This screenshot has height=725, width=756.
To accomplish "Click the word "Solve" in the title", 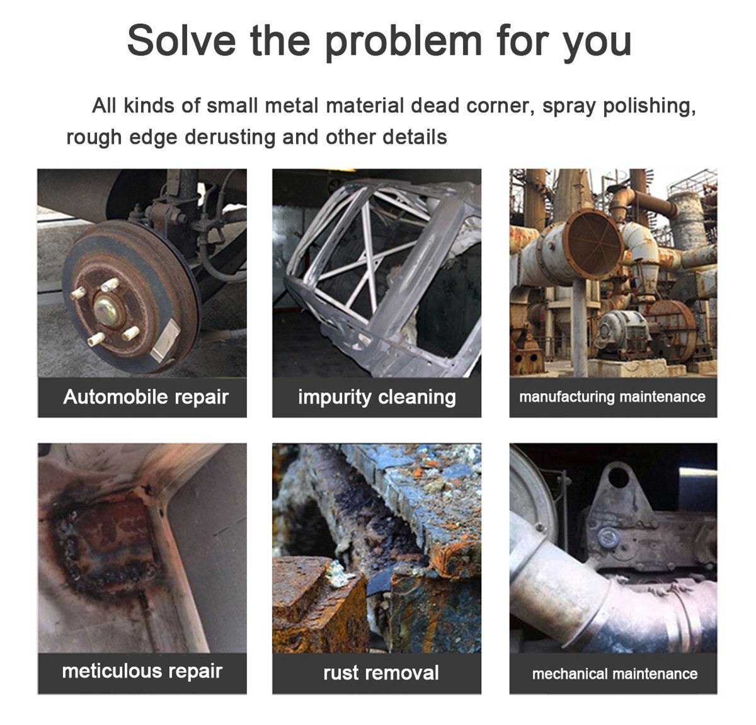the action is (181, 40).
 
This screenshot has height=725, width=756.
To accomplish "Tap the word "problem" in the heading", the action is (403, 43).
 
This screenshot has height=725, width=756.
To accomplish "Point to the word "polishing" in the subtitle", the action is (649, 106).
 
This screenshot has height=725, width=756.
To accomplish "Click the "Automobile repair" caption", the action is (146, 397).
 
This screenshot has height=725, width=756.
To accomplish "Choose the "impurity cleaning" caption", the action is (377, 397).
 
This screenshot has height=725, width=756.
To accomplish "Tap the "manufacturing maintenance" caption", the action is (612, 397).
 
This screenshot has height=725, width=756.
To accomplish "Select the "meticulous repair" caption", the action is (142, 671).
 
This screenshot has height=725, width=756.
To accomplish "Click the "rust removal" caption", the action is (381, 673).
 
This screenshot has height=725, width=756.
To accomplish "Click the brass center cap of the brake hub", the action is (106, 311).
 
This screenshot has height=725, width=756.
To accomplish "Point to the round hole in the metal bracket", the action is (618, 477).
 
